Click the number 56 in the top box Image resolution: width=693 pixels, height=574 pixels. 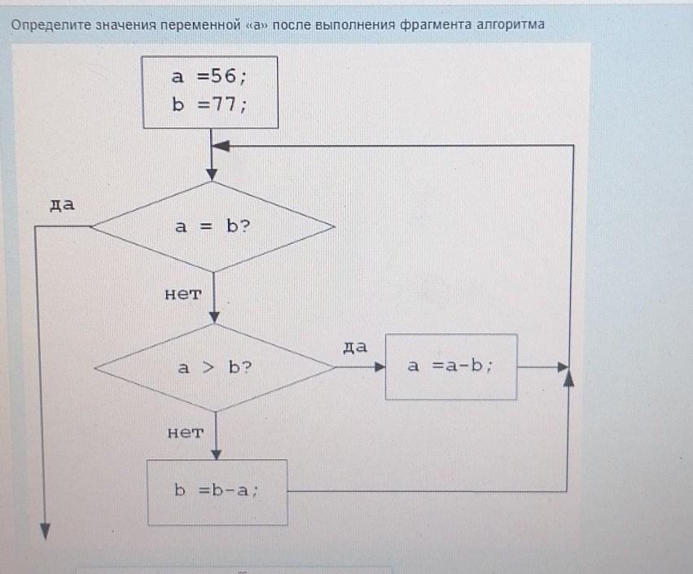pyautogui.click(x=224, y=76)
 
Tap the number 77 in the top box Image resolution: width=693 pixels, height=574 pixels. pyautogui.click(x=225, y=104)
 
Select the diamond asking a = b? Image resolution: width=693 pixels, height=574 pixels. pyautogui.click(x=213, y=226)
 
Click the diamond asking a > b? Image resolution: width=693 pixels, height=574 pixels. pyautogui.click(x=214, y=368)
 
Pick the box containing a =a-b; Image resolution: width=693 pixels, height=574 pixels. pyautogui.click(x=451, y=366)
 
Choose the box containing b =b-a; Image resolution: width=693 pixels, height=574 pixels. pyautogui.click(x=217, y=493)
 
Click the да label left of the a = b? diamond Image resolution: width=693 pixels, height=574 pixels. pyautogui.click(x=63, y=204)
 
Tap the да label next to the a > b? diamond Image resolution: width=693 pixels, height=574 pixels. pyautogui.click(x=355, y=348)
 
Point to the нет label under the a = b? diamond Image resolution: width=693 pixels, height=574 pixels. pyautogui.click(x=183, y=294)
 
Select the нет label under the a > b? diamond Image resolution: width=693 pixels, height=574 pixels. pyautogui.click(x=186, y=432)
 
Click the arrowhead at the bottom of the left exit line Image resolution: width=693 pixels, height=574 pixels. pyautogui.click(x=45, y=532)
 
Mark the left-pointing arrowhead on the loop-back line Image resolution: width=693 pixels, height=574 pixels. pyautogui.click(x=221, y=146)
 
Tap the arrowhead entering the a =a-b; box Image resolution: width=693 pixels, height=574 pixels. pyautogui.click(x=379, y=366)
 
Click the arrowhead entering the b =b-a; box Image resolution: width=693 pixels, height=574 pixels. pyautogui.click(x=216, y=454)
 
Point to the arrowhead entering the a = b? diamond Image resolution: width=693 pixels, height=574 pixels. pyautogui.click(x=213, y=175)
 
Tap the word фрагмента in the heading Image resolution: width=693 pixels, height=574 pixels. pyautogui.click(x=436, y=24)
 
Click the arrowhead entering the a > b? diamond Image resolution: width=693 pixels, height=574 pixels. pyautogui.click(x=214, y=318)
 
